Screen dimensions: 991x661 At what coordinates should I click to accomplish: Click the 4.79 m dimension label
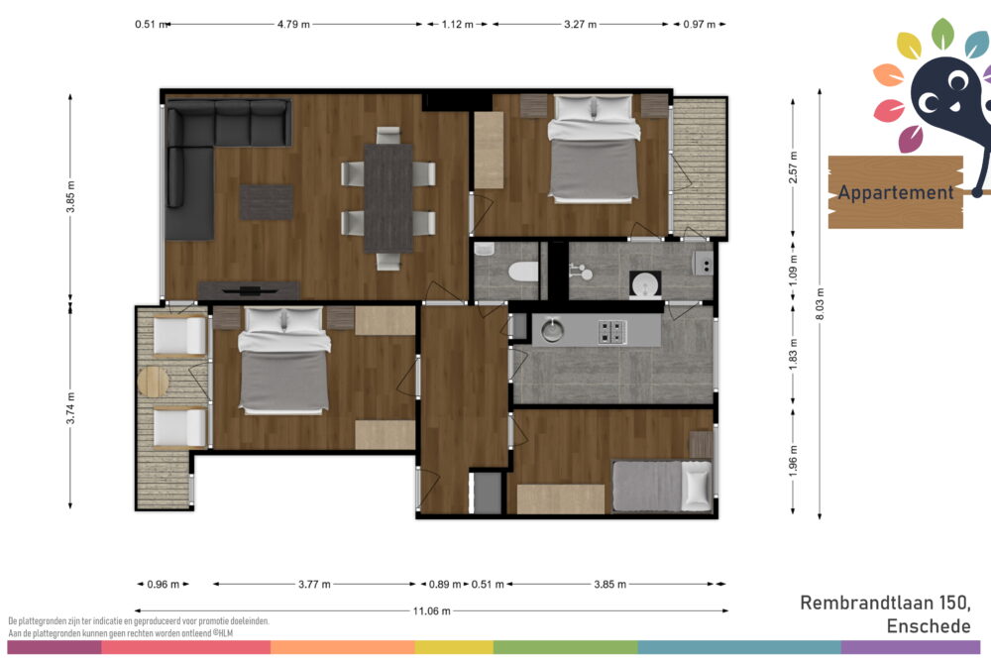(x=293, y=25)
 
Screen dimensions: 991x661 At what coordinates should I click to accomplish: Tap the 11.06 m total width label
(x=432, y=611)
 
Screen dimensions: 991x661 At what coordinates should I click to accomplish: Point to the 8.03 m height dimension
(x=820, y=304)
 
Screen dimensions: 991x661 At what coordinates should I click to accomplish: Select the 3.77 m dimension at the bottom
(x=314, y=585)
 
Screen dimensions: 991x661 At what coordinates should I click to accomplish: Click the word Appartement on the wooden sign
(x=896, y=192)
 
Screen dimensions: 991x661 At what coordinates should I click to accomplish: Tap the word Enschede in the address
(x=929, y=626)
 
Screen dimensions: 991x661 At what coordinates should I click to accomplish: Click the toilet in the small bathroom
(x=523, y=272)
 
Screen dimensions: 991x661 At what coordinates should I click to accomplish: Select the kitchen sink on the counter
(x=552, y=330)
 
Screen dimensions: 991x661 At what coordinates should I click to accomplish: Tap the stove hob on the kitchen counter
(x=611, y=331)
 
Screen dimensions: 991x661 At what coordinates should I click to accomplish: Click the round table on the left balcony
(x=153, y=382)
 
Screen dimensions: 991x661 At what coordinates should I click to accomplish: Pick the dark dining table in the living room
(x=388, y=198)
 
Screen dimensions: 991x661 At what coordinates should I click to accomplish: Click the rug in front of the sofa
(x=266, y=202)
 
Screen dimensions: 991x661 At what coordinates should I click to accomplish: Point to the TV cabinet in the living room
(x=249, y=290)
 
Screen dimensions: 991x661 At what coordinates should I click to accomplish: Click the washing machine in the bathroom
(x=645, y=284)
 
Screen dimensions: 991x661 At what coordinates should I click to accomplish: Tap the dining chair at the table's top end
(x=388, y=135)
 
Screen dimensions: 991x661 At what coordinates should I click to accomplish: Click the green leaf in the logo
(x=942, y=34)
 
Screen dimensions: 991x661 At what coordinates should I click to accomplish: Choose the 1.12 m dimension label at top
(x=457, y=25)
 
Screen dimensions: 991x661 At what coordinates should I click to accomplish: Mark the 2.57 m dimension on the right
(x=793, y=166)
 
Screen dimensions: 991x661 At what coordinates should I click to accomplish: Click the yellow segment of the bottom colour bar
(x=454, y=647)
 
